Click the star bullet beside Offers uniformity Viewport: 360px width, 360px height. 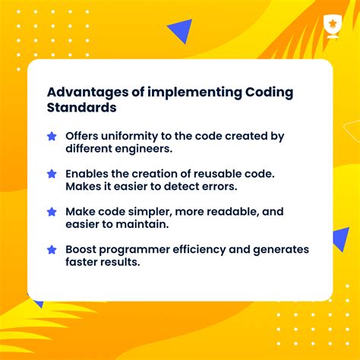click(52, 137)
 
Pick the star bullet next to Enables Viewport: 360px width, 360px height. click(52, 174)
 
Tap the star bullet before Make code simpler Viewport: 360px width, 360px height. click(52, 211)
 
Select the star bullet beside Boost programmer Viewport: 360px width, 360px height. click(52, 249)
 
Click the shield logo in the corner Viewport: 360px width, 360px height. click(333, 24)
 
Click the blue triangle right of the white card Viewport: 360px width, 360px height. click(341, 239)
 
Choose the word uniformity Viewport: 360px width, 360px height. click(133, 136)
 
